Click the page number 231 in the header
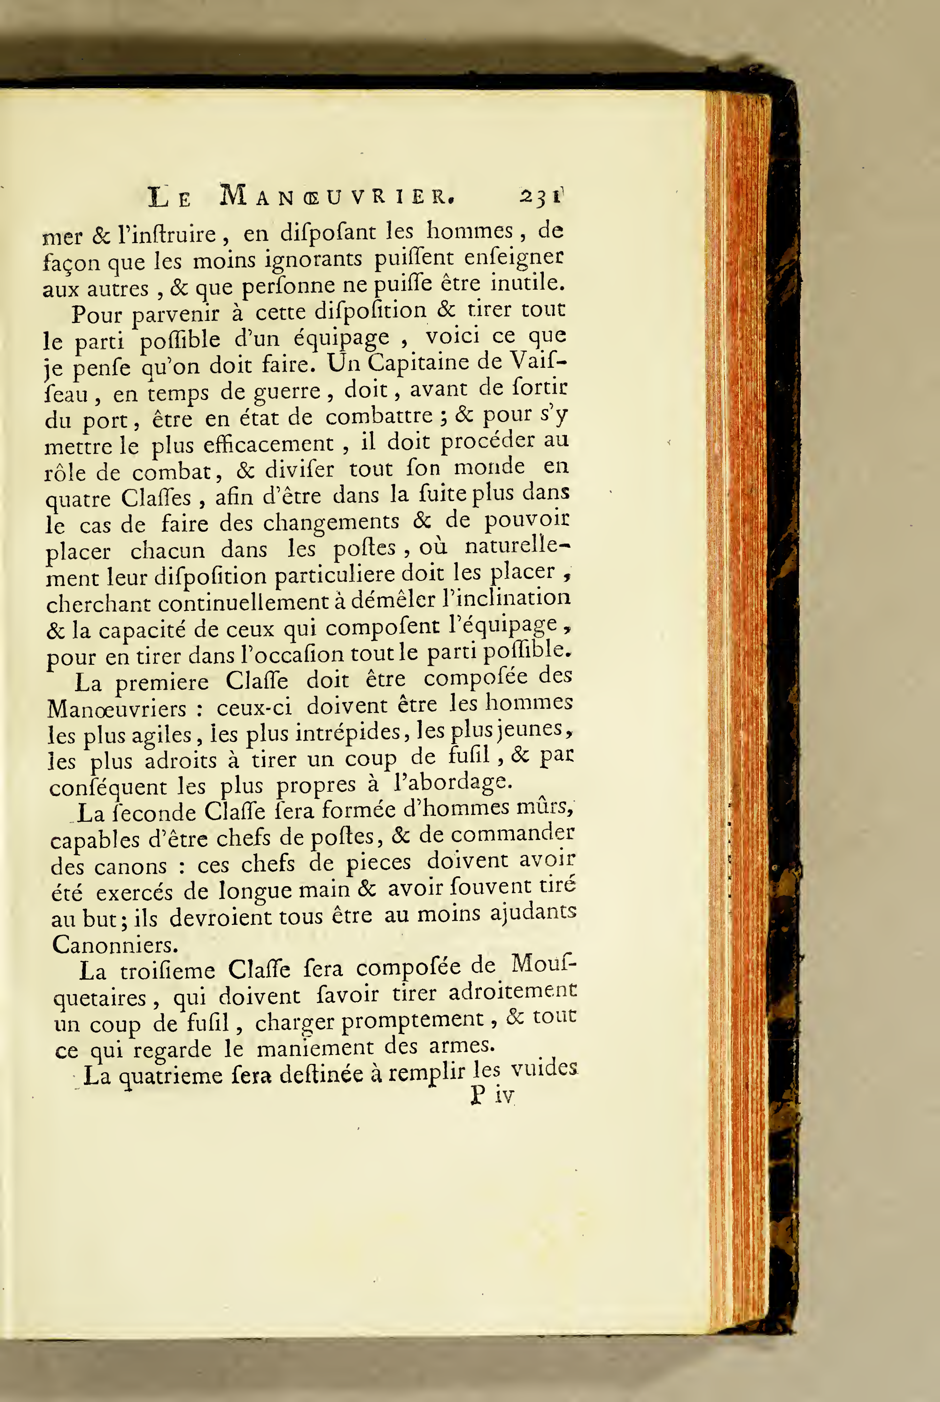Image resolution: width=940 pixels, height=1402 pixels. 541,197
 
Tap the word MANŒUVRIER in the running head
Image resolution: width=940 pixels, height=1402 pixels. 337,196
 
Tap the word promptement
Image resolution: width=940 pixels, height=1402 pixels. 412,1020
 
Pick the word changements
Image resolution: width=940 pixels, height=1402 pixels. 331,522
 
